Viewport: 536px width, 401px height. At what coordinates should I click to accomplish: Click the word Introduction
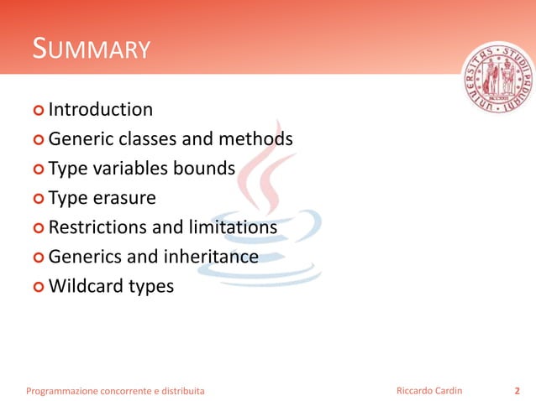(x=101, y=110)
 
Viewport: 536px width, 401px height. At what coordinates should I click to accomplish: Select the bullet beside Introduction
(x=39, y=110)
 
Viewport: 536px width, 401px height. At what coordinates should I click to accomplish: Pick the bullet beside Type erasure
(x=39, y=199)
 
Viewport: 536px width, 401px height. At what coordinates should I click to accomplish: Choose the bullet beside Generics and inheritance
(x=39, y=258)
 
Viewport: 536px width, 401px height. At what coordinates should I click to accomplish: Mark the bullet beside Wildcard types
(x=39, y=287)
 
